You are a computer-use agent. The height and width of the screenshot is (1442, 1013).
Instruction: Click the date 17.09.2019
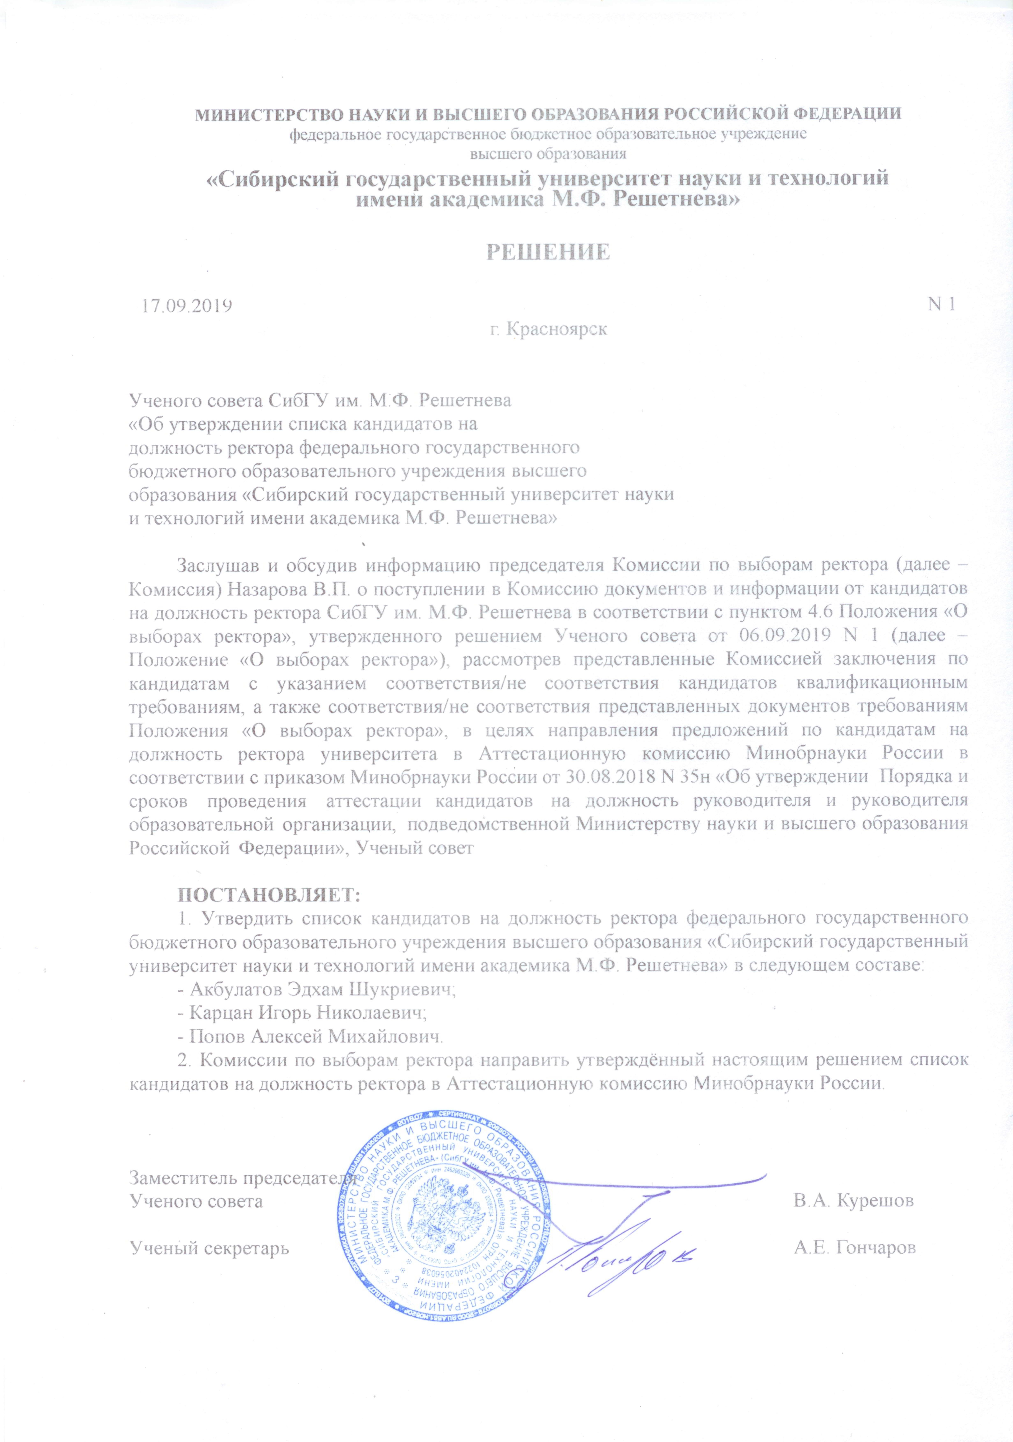pyautogui.click(x=186, y=306)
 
